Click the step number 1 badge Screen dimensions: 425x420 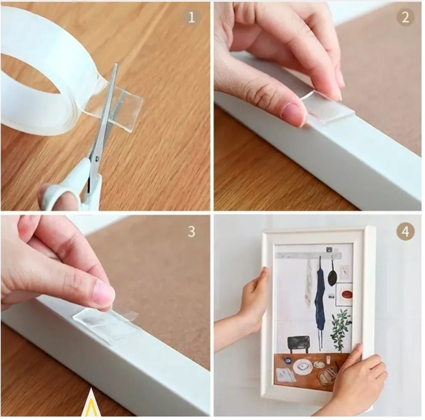192,18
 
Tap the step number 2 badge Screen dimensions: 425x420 405,18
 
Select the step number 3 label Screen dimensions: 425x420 192,231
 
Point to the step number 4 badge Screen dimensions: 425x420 405,231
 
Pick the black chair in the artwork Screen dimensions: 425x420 299,344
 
